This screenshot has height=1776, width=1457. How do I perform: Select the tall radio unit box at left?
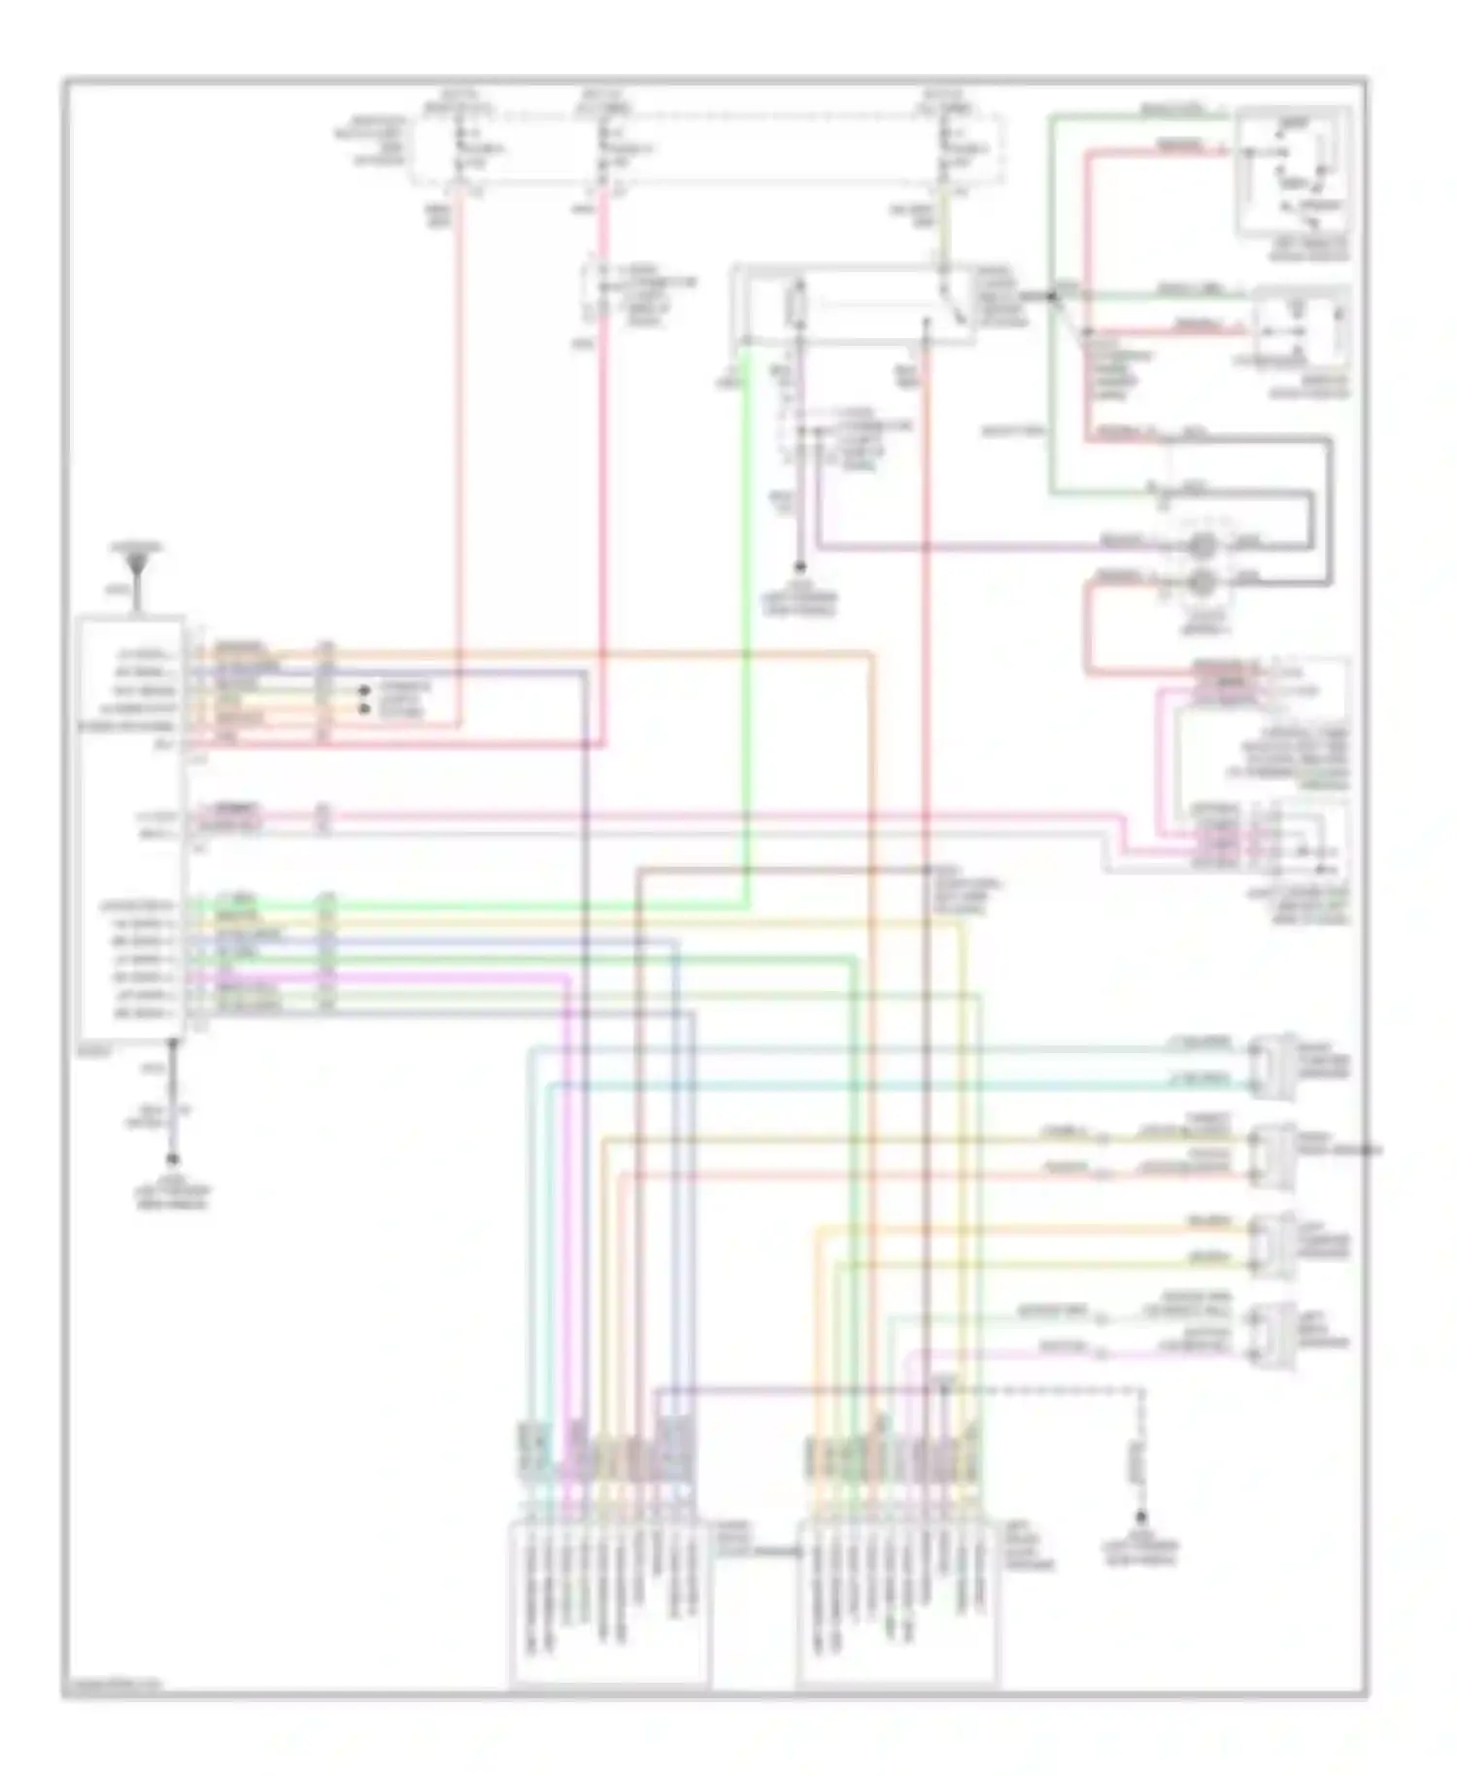pyautogui.click(x=132, y=826)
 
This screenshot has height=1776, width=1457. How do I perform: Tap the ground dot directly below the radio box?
pyautogui.click(x=173, y=1159)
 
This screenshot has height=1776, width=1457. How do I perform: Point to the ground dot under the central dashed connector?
pyautogui.click(x=799, y=565)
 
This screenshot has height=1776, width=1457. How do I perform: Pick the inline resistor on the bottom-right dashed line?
pyautogui.click(x=1140, y=1457)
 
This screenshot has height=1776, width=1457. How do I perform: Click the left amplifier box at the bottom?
pyautogui.click(x=609, y=1603)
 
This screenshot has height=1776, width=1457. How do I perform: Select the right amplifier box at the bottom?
pyautogui.click(x=897, y=1603)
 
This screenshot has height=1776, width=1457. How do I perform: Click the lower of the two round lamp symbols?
pyautogui.click(x=1203, y=583)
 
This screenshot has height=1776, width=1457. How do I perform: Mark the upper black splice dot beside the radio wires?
pyautogui.click(x=366, y=691)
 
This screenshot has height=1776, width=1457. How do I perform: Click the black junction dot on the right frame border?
pyautogui.click(x=1369, y=1150)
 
